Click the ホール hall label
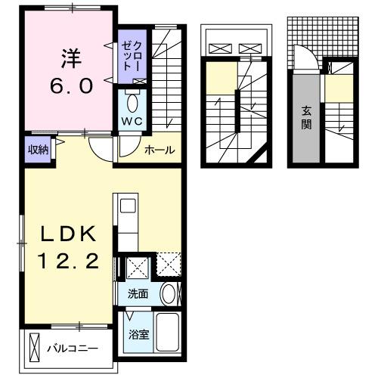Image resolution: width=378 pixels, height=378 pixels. coord(160,150)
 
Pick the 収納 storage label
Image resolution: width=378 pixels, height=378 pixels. coord(39,150)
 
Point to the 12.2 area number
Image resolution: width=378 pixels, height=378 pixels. coord(67,262)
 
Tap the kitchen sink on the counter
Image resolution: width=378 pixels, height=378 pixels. coord(127,206)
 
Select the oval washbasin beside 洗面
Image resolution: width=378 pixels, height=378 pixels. coord(169,295)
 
